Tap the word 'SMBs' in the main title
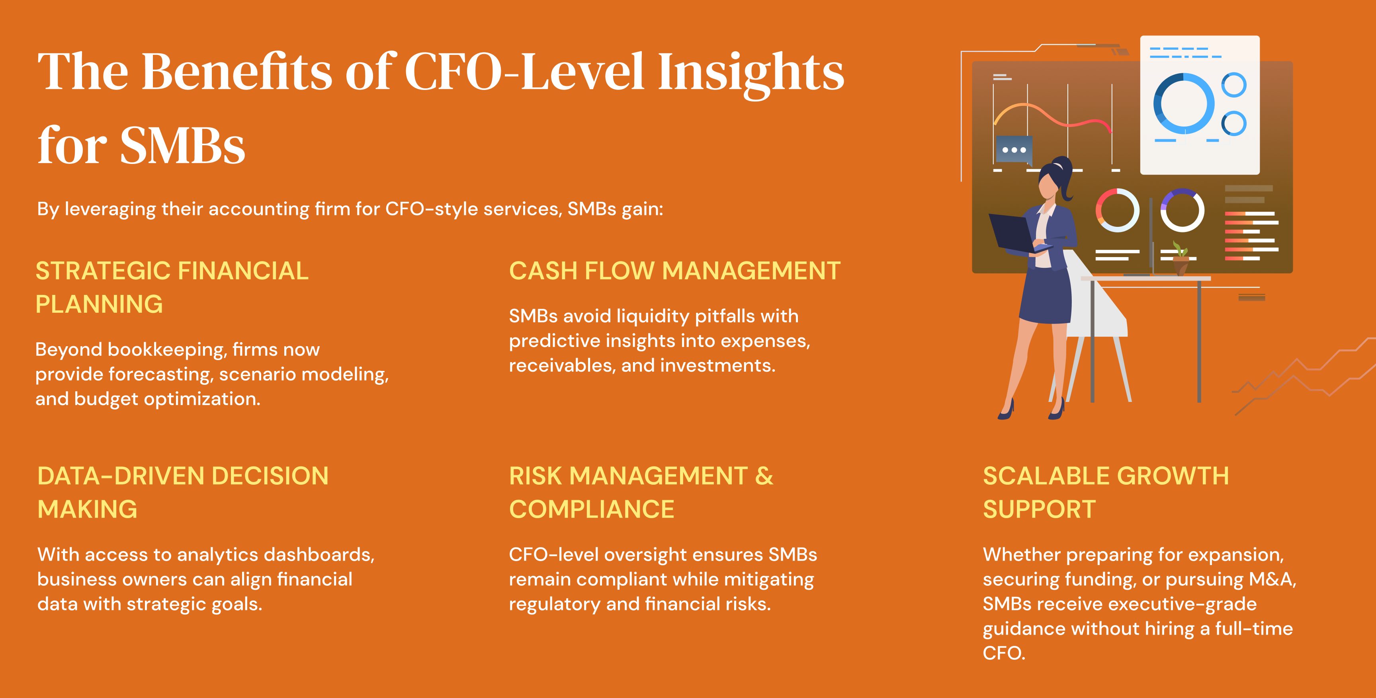click(183, 145)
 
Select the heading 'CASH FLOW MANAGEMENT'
click(674, 271)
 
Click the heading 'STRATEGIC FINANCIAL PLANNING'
click(172, 287)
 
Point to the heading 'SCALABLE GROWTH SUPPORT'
click(1106, 492)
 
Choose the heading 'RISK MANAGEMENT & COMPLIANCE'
click(641, 492)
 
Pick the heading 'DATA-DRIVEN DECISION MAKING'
click(183, 492)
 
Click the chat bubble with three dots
click(1014, 150)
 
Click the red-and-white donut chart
click(1118, 210)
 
